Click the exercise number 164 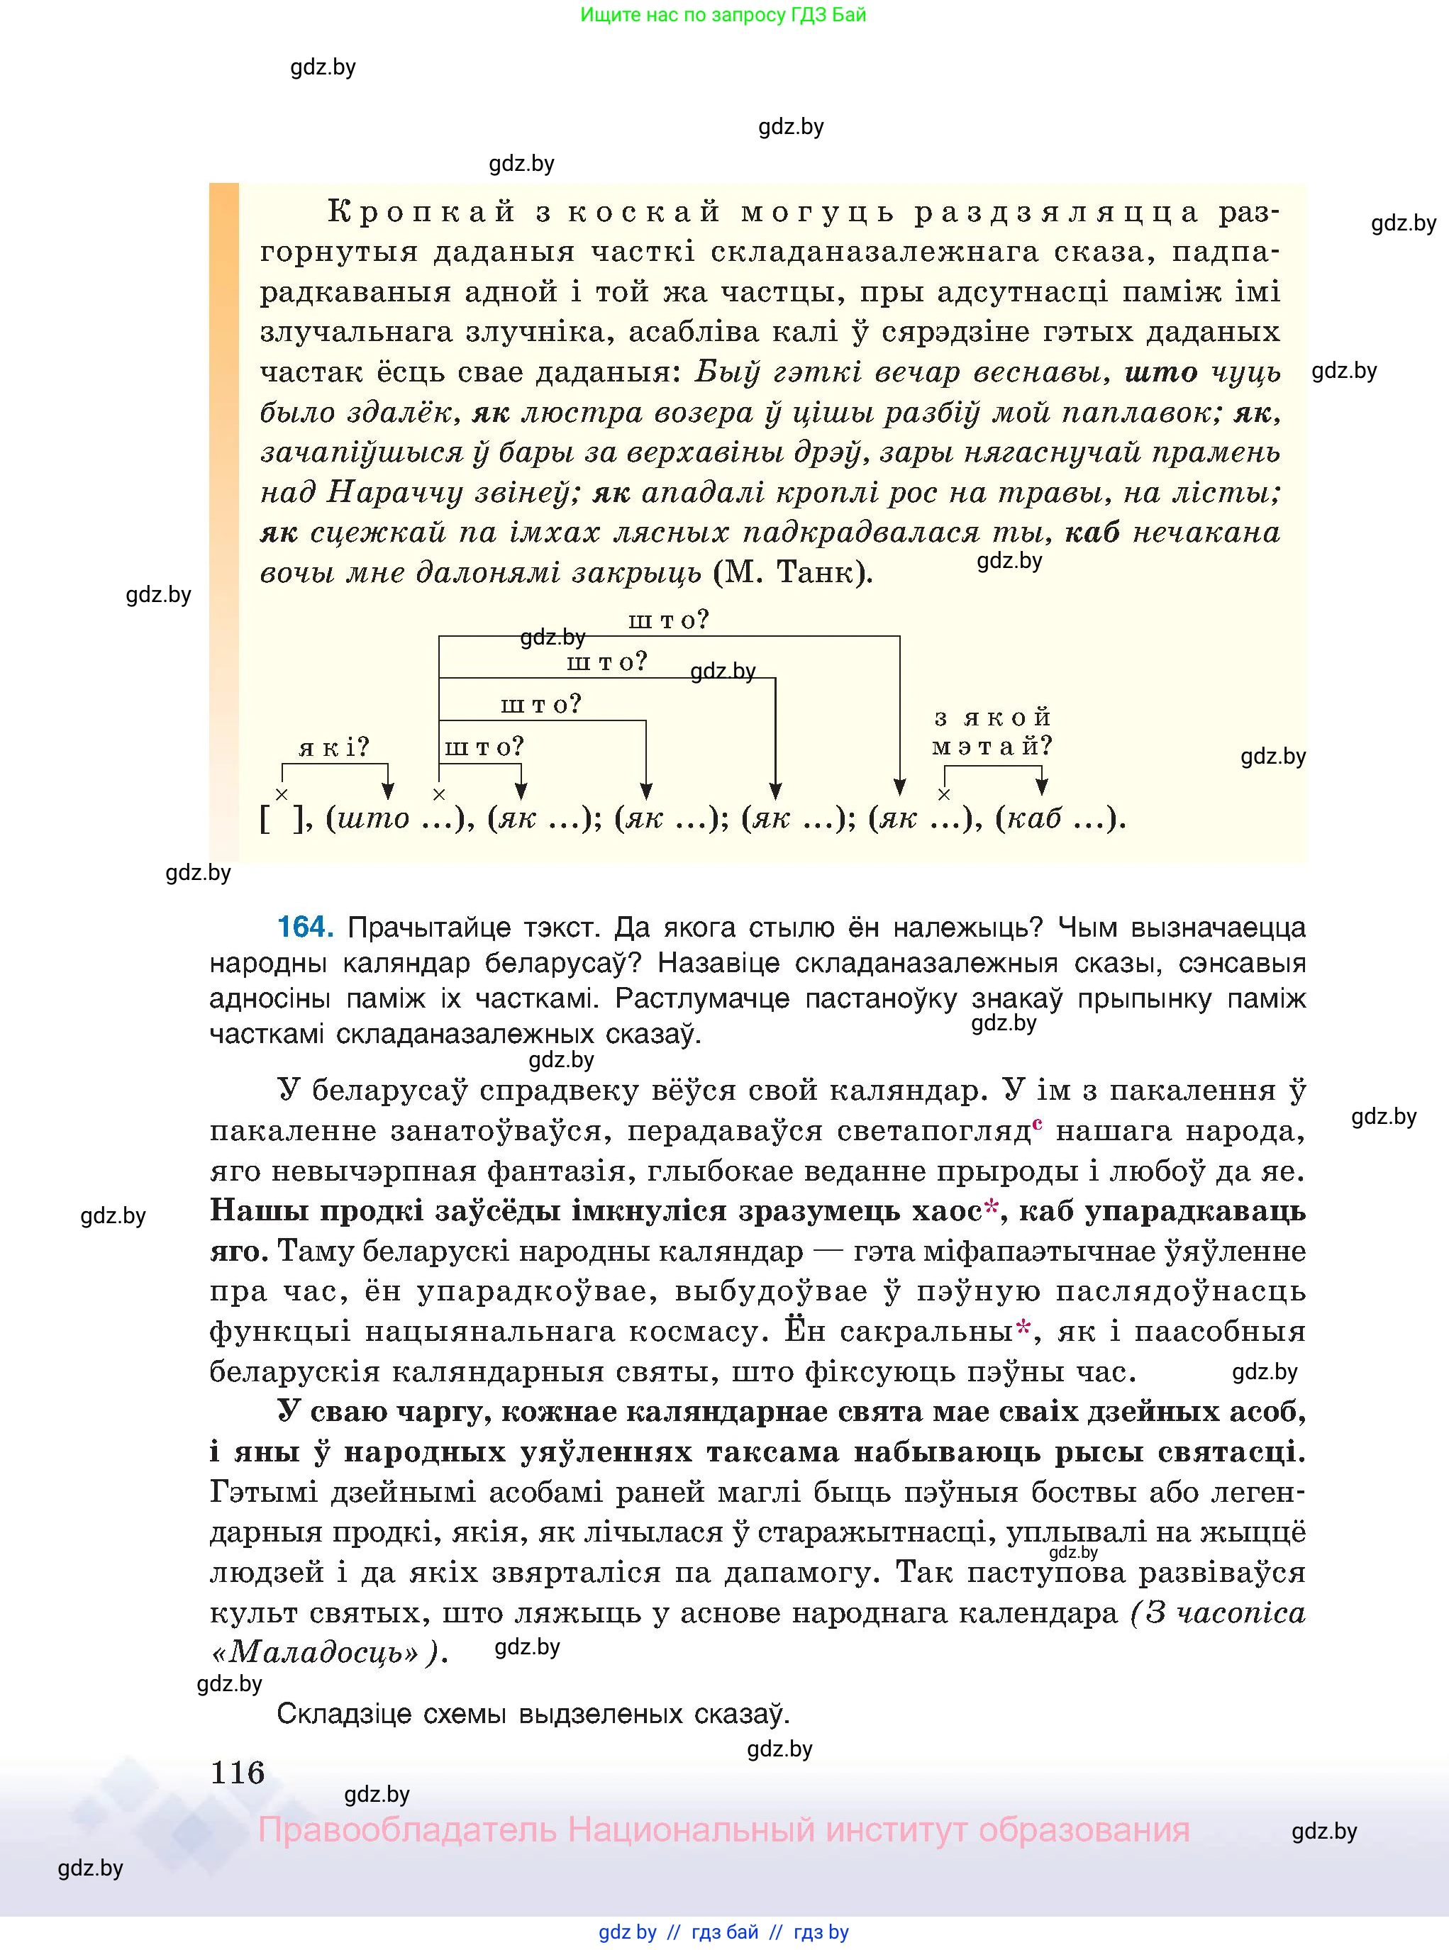(304, 927)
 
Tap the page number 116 (237, 1772)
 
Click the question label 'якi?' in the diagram (334, 748)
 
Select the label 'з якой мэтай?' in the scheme (992, 732)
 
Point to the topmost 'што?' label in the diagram (668, 620)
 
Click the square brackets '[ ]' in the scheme (282, 819)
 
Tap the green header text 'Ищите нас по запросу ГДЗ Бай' (723, 15)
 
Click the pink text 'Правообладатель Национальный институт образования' (723, 1830)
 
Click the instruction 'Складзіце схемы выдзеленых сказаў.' (533, 1713)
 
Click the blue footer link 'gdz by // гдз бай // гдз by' (723, 1932)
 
